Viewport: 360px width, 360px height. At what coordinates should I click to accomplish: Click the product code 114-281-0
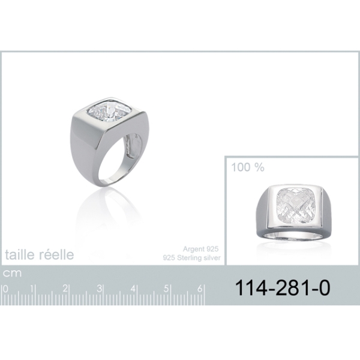point(283,288)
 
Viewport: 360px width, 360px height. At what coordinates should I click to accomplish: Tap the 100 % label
point(248,167)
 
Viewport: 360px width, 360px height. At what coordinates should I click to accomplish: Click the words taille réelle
point(40,254)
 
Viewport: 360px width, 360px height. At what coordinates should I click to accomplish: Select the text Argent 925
point(200,249)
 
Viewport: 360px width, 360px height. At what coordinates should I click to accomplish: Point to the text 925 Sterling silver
point(192,258)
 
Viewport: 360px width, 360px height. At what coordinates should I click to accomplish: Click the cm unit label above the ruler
point(12,273)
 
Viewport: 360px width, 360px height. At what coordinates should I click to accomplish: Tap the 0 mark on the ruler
point(5,289)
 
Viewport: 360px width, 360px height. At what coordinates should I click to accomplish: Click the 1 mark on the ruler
point(32,289)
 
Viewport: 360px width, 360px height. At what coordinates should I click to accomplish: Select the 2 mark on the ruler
point(65,289)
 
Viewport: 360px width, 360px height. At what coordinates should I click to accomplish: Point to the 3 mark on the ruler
point(99,289)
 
